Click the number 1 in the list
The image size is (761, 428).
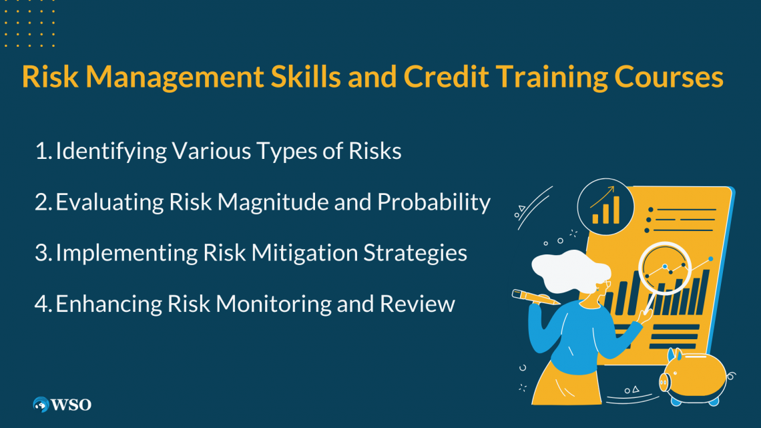(x=41, y=152)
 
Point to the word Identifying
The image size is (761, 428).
(x=110, y=152)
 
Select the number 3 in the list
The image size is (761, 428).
(x=41, y=253)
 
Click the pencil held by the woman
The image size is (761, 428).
(x=535, y=298)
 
